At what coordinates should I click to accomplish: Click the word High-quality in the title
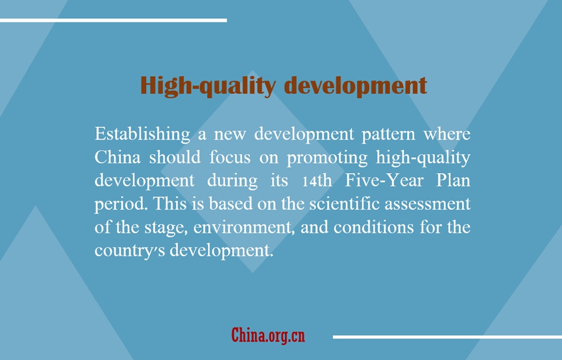[208, 86]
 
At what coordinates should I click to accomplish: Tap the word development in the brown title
[355, 86]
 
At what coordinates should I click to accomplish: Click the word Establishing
[142, 134]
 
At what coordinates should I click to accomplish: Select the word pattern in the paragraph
[388, 135]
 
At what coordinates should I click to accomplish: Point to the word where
[447, 134]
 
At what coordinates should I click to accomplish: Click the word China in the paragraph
[117, 157]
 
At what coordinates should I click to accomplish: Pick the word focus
[230, 157]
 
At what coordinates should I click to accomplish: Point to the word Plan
[453, 181]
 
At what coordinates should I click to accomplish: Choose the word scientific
[344, 204]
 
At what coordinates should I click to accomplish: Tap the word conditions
[374, 227]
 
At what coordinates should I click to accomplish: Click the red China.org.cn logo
[268, 335]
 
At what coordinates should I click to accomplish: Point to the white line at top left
[113, 21]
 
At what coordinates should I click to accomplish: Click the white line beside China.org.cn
[447, 337]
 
